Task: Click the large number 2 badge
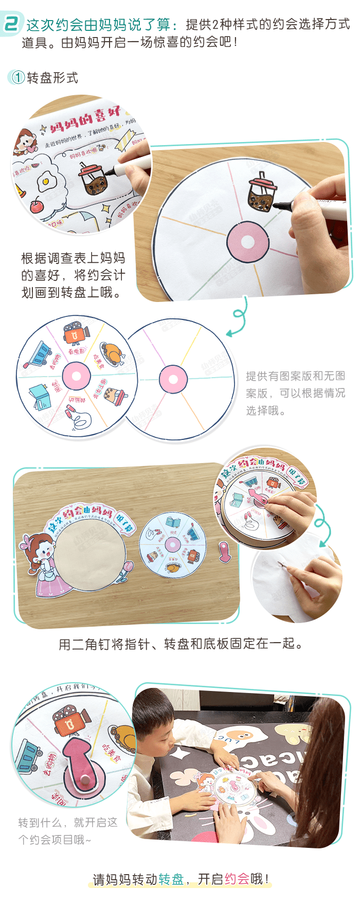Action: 12,24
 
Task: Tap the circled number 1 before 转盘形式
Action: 17,78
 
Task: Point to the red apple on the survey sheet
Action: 37,206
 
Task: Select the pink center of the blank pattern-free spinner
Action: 173,380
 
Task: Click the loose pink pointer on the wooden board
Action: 224,551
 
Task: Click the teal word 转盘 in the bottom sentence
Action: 171,879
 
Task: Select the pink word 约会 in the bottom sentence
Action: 237,879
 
